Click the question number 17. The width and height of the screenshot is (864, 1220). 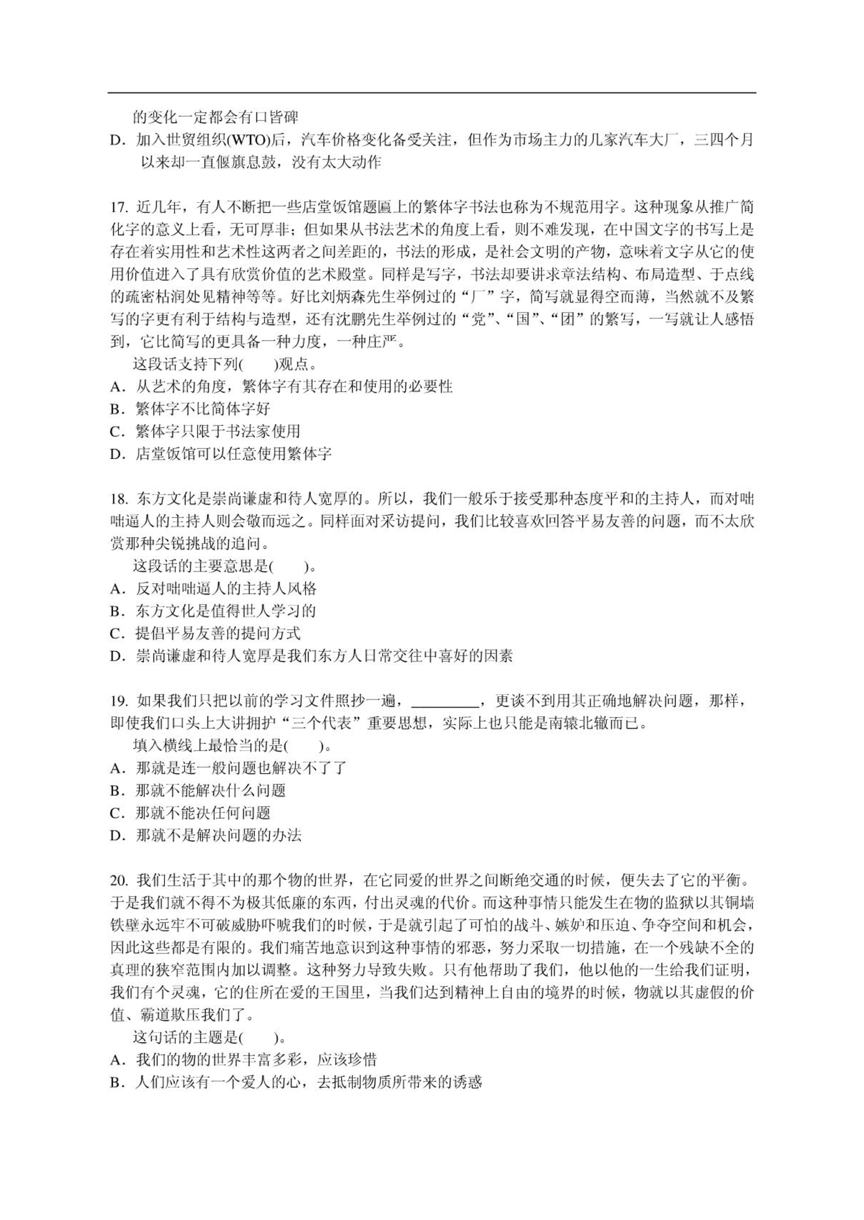click(x=119, y=207)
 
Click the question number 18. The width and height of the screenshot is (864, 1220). click(x=119, y=499)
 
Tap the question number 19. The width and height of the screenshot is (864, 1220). click(x=119, y=701)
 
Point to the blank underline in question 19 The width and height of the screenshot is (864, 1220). click(x=445, y=704)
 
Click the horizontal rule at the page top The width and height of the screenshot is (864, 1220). click(x=431, y=93)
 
